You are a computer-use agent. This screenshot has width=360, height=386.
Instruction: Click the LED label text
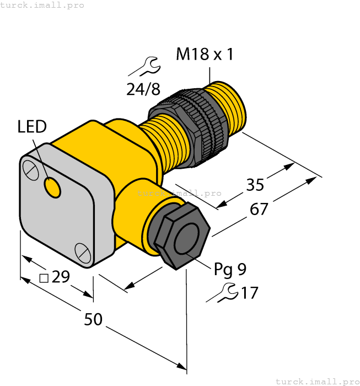tap(32, 127)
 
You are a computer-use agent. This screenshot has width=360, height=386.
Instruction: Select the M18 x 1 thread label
tap(205, 55)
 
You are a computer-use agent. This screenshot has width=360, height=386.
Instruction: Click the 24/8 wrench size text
tap(143, 88)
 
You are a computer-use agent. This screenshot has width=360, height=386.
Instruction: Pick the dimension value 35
tap(255, 185)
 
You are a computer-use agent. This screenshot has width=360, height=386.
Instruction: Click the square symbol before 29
tap(44, 277)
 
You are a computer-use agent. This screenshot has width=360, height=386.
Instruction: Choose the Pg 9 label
tap(230, 269)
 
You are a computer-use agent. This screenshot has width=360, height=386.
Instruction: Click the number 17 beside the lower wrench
tap(249, 293)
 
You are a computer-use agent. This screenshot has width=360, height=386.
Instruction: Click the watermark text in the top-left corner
tap(42, 5)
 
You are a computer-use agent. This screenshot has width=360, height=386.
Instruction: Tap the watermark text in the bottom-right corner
tap(317, 381)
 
